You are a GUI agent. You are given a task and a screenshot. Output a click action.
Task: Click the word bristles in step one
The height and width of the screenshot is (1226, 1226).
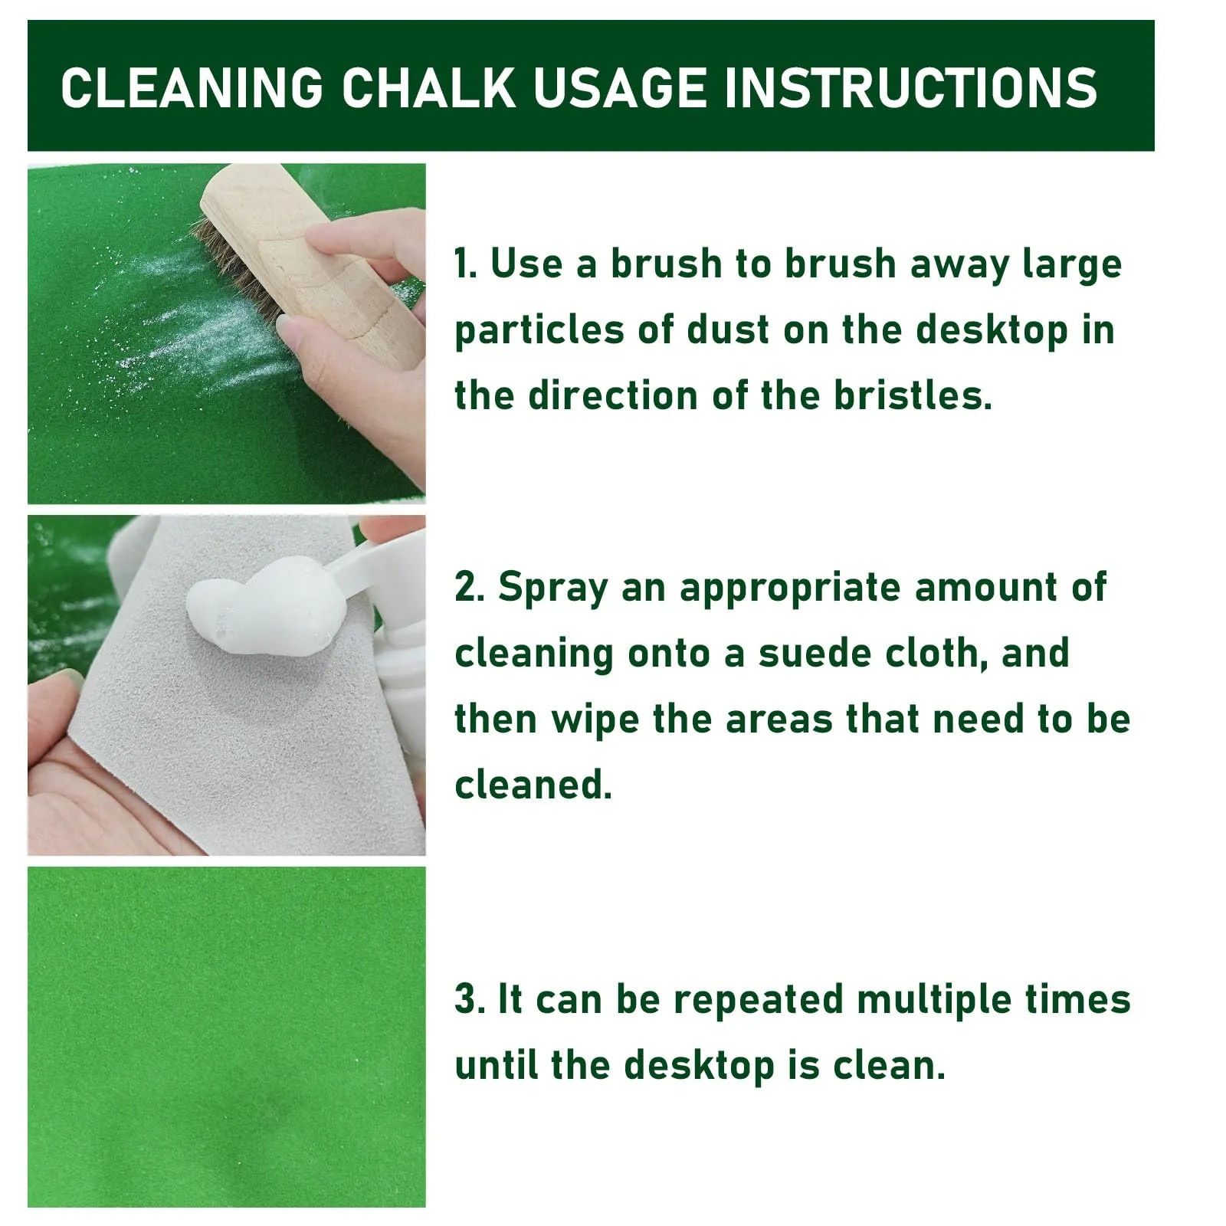913,396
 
